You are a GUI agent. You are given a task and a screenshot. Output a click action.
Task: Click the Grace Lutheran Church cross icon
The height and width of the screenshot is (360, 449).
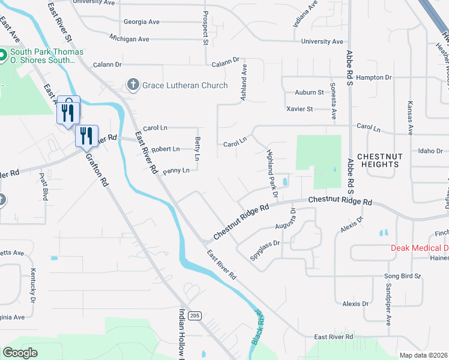pos(133,85)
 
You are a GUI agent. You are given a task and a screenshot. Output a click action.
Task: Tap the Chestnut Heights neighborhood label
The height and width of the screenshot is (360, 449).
pos(378,160)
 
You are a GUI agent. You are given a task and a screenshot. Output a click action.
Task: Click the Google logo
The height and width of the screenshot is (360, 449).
pos(20,353)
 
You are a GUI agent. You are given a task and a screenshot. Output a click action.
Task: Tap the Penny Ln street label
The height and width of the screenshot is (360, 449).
pos(176,170)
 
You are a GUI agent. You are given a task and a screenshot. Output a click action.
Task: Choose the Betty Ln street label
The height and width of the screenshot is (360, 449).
pos(197,149)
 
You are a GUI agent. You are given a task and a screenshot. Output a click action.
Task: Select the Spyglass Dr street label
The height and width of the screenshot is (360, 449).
pos(265,244)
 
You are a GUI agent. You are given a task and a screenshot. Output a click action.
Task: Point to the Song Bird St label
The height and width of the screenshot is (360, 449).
pos(402,276)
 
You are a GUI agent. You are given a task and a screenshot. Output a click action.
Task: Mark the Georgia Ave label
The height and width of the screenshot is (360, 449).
pos(142,22)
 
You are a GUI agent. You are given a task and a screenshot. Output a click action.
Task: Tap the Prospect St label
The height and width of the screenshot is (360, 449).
pos(205,29)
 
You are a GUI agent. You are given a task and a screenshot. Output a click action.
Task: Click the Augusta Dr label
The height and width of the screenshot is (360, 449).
pos(293,218)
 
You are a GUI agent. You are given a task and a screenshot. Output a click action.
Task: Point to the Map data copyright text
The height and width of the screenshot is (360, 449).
pos(423,355)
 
